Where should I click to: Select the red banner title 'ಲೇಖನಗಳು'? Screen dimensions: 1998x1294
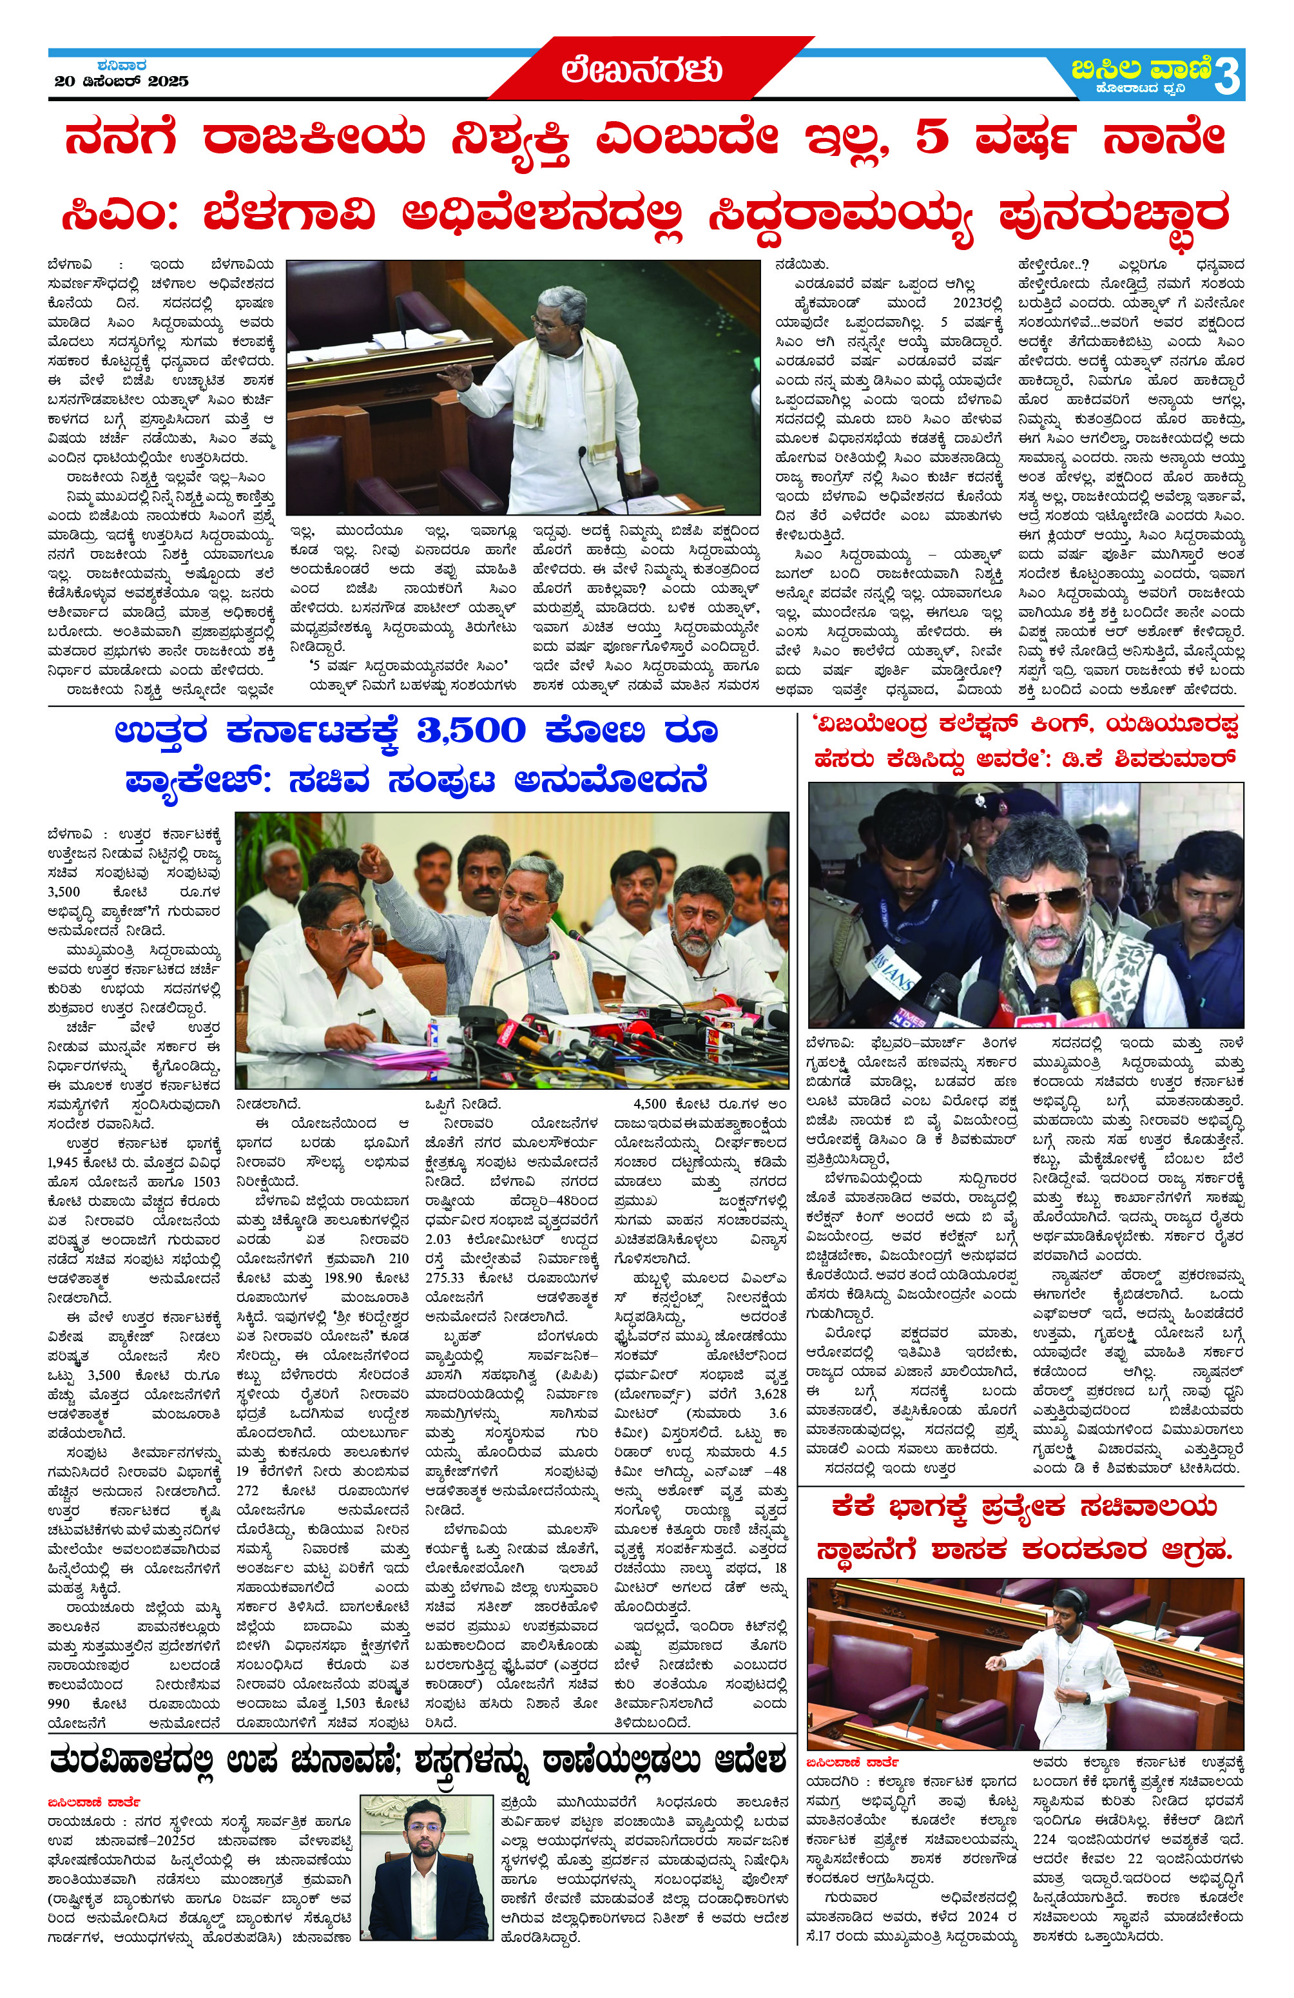(642, 70)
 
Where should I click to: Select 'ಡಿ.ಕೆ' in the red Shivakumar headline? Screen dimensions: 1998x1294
(1092, 759)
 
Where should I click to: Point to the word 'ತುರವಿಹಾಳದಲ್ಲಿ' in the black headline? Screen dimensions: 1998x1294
(139, 1759)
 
